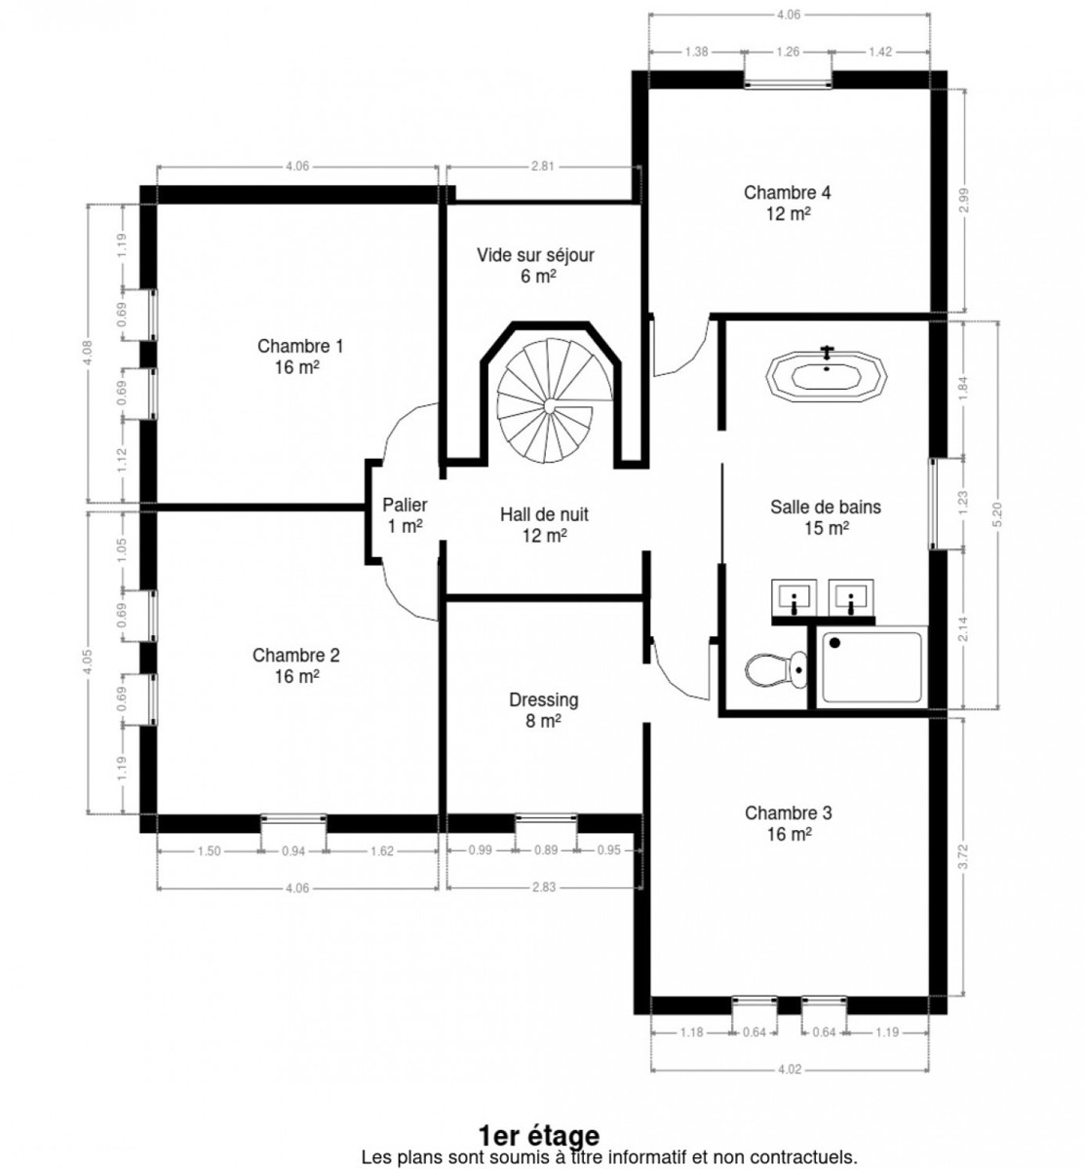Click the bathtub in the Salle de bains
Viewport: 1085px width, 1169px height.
(x=826, y=375)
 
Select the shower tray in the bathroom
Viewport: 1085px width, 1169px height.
(x=872, y=667)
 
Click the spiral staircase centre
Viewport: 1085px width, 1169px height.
(x=549, y=405)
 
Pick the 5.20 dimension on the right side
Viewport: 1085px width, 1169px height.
(x=996, y=514)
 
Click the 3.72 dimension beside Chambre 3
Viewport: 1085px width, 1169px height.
(x=962, y=856)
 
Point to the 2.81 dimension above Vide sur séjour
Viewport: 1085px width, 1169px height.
(x=542, y=166)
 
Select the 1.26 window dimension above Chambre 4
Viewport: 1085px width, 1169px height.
(x=788, y=52)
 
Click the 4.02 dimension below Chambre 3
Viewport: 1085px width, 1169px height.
(x=790, y=1069)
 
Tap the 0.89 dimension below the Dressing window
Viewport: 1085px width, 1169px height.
(x=546, y=850)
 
